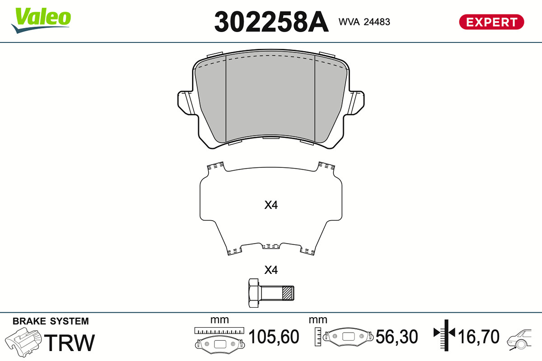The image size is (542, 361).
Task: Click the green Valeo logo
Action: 41,20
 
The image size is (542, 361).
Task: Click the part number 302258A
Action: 271,22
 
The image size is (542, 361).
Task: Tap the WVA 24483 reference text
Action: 364,22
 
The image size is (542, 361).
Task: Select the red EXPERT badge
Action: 491,22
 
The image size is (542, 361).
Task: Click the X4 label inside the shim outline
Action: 271,205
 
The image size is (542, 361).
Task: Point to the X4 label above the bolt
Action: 271,270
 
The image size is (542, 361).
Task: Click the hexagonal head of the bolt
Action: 254,293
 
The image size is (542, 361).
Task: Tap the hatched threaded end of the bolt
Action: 288,293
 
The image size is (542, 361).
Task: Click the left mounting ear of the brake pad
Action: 186,103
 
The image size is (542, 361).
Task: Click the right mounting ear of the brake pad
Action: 356,103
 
